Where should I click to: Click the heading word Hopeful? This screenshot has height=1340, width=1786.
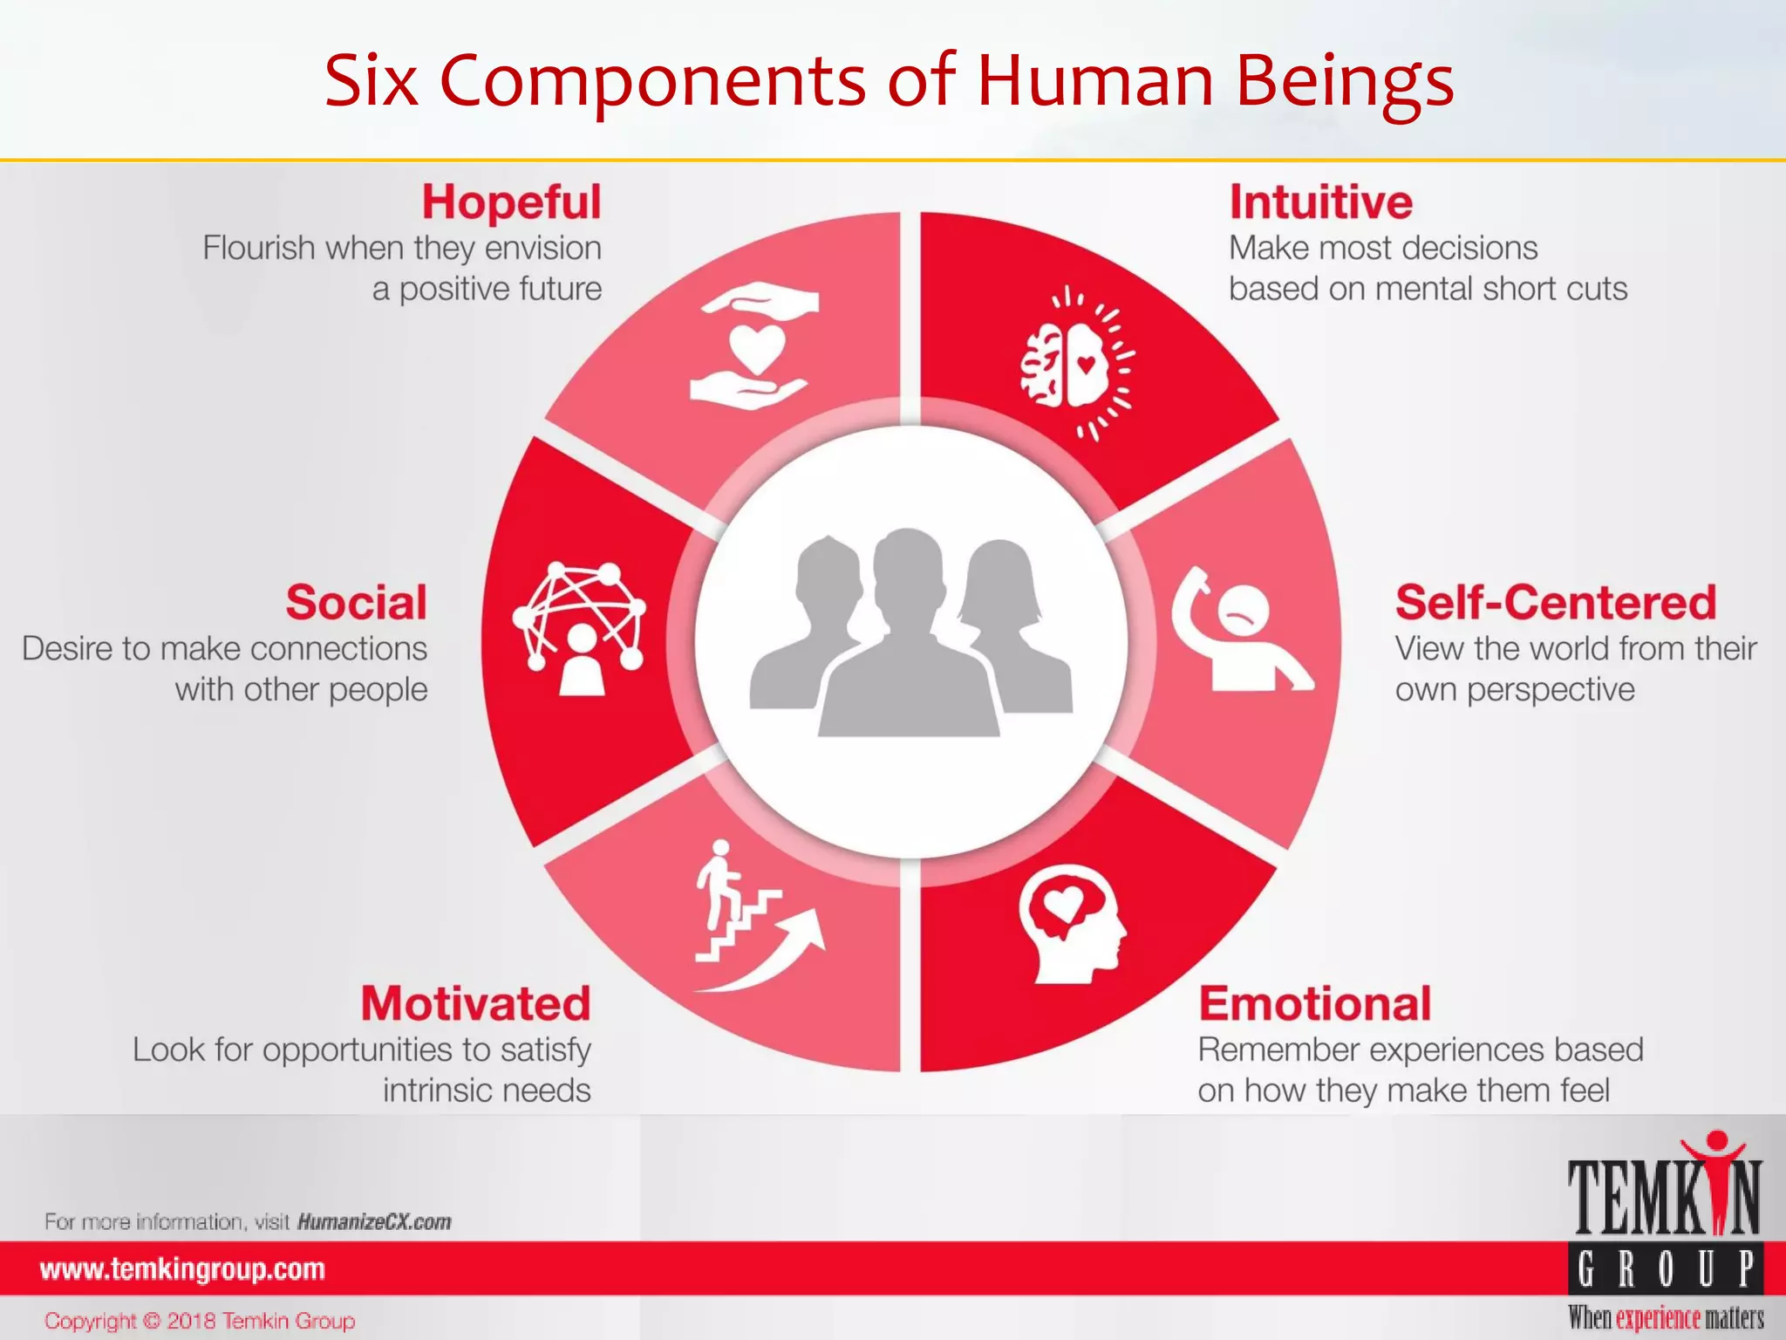(512, 202)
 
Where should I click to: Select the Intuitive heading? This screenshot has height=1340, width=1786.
(1320, 202)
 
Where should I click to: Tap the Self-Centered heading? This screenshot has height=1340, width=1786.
(1555, 603)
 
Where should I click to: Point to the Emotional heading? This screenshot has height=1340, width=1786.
(1314, 1004)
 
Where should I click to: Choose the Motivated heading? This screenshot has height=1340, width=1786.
(476, 1004)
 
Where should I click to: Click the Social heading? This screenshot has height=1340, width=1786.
(357, 603)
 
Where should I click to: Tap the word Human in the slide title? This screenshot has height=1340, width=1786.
(1095, 80)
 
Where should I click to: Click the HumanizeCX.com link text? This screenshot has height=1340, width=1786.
(374, 1221)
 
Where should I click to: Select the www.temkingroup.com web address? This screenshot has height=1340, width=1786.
(182, 1269)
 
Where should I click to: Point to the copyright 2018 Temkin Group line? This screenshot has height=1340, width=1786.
(200, 1321)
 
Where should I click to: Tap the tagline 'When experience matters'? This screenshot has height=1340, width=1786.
(1665, 1317)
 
